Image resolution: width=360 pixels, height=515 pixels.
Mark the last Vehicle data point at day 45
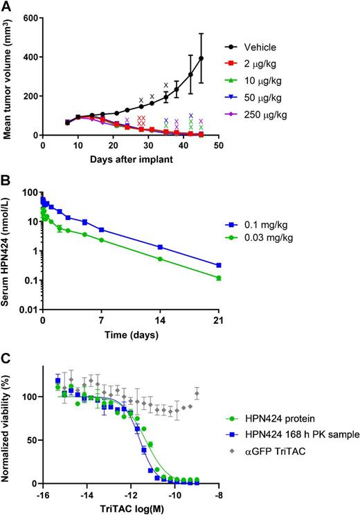tap(201, 58)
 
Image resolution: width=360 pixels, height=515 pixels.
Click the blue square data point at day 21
tap(219, 265)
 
